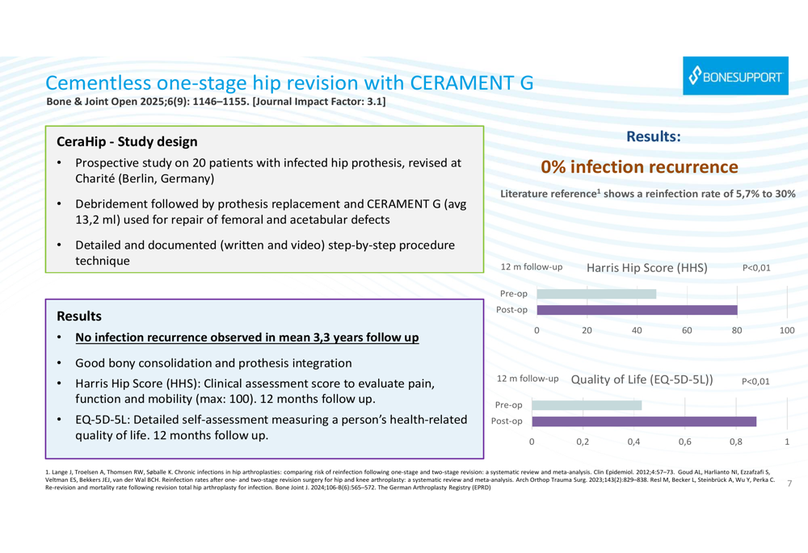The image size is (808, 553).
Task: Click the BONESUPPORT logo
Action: [x=734, y=77]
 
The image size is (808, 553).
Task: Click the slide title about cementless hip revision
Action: [x=289, y=83]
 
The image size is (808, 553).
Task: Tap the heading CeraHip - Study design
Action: [x=127, y=141]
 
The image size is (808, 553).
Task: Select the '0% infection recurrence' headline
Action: [x=639, y=167]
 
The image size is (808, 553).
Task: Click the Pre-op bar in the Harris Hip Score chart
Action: [x=596, y=294]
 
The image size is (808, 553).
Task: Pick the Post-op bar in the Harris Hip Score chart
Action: [x=637, y=309]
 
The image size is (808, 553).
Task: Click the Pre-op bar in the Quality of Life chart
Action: [x=587, y=405]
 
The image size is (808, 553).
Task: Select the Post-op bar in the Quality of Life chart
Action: [x=644, y=421]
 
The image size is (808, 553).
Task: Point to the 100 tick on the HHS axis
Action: [x=787, y=330]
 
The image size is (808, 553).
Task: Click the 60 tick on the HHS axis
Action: [x=687, y=330]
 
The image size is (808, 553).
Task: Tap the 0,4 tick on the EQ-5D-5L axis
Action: [x=633, y=442]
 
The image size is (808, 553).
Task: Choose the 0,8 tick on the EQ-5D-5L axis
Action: [x=735, y=442]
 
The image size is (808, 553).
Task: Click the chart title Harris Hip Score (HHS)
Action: [x=646, y=267]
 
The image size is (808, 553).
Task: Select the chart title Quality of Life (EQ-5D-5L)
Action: [x=642, y=379]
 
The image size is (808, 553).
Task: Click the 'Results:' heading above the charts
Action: [x=654, y=137]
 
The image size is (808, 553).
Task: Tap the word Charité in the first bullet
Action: [x=98, y=178]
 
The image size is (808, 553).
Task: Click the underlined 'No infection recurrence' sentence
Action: [x=247, y=337]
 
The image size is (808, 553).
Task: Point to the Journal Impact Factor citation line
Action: [x=216, y=102]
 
